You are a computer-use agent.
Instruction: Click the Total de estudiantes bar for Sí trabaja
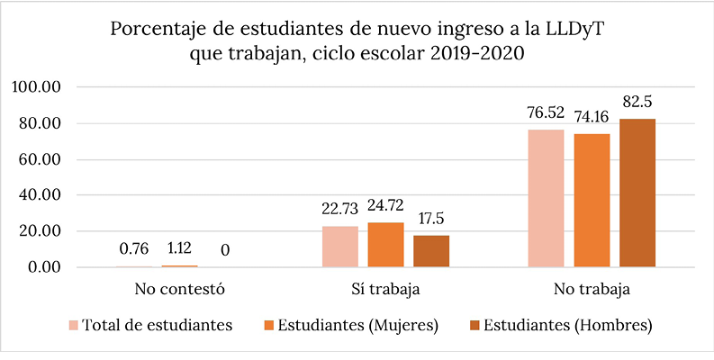click(x=339, y=247)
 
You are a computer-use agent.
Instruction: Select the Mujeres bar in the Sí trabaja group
click(x=385, y=245)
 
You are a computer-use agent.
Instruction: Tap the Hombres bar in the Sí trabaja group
click(x=431, y=251)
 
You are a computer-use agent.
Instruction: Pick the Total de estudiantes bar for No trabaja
click(x=546, y=198)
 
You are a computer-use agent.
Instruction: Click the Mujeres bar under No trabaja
click(x=592, y=201)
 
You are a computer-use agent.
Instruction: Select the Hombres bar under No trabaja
click(x=637, y=193)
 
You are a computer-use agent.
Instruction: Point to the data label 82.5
click(x=637, y=102)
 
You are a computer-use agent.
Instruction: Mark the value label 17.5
click(x=431, y=218)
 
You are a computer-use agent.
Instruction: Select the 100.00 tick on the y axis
click(x=36, y=87)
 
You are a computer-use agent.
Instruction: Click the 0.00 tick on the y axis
click(x=42, y=267)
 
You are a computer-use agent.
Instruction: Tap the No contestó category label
click(x=179, y=291)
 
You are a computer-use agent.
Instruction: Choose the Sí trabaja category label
click(x=385, y=291)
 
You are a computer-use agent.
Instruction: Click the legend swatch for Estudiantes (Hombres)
click(x=474, y=325)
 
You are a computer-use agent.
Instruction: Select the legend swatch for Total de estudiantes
click(x=73, y=325)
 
